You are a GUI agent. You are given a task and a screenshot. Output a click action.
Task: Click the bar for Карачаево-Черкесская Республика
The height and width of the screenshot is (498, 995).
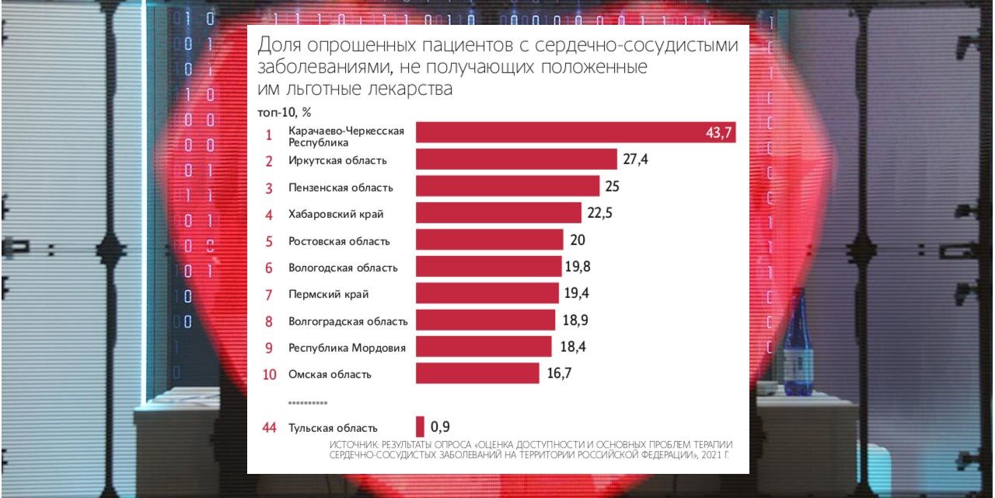(x=575, y=132)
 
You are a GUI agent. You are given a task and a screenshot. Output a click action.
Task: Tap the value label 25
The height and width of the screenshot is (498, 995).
(x=612, y=187)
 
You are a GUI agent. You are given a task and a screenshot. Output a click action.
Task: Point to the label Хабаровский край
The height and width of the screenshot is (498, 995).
(x=336, y=213)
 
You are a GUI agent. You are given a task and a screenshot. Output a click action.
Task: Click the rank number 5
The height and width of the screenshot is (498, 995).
(x=269, y=241)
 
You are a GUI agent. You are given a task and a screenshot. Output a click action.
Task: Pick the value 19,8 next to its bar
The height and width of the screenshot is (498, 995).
(x=578, y=267)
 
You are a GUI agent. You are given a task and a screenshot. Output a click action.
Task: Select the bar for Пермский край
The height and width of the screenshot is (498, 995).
(x=487, y=293)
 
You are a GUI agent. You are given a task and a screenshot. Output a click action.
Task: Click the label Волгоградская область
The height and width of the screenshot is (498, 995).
(x=347, y=321)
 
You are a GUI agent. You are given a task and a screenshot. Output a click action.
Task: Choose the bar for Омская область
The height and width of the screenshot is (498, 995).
(x=477, y=373)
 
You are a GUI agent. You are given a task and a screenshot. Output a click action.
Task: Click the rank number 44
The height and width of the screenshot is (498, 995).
(x=269, y=427)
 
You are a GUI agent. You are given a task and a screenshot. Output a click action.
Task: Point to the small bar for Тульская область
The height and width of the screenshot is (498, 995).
(x=421, y=426)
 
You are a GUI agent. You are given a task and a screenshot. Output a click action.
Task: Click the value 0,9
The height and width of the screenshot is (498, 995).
(x=440, y=426)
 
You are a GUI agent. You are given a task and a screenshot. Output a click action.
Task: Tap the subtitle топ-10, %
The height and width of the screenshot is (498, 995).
(x=285, y=112)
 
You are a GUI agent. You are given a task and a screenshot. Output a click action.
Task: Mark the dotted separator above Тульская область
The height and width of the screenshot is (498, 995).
(x=308, y=403)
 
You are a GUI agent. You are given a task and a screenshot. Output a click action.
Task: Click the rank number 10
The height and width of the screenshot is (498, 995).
(x=269, y=374)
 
